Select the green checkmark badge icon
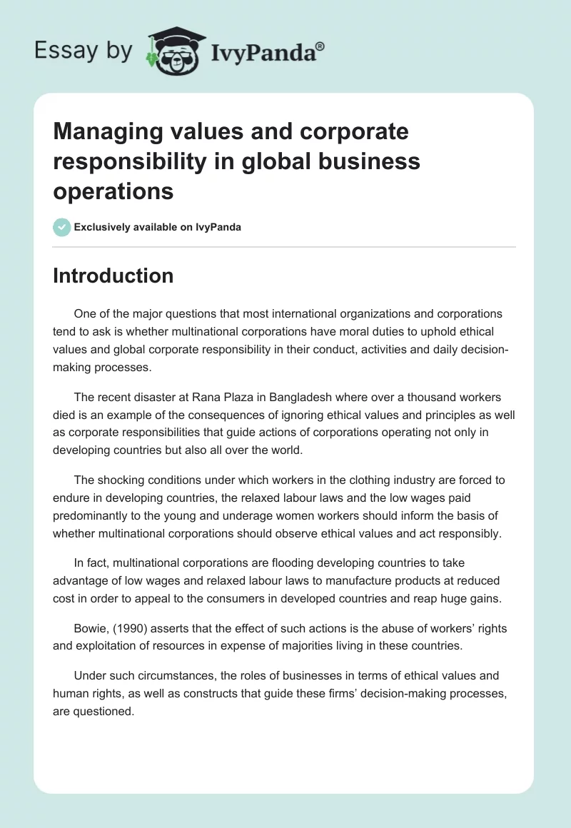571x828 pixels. [61, 227]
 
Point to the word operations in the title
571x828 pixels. [113, 191]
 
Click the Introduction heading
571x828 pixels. [113, 276]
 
